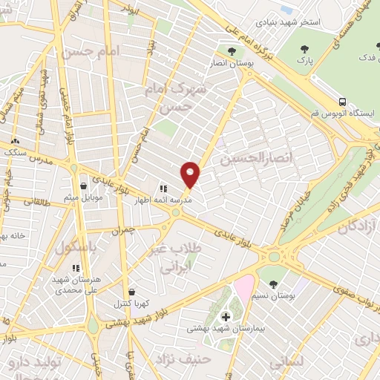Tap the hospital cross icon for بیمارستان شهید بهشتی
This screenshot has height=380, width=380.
tap(226, 317)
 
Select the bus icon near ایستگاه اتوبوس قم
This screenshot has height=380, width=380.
tap(342, 102)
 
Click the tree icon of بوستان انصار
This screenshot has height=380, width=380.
tap(232, 51)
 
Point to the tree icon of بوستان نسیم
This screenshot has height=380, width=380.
tap(275, 284)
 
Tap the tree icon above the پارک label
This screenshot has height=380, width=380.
tap(303, 50)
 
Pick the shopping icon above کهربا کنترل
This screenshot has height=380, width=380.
tap(132, 292)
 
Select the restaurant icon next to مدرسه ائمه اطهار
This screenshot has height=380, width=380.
tap(164, 189)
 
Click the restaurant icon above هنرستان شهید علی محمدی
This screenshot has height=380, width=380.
tap(74, 268)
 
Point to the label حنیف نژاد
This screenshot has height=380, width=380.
tap(183, 359)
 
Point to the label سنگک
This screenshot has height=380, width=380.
tap(15, 151)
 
